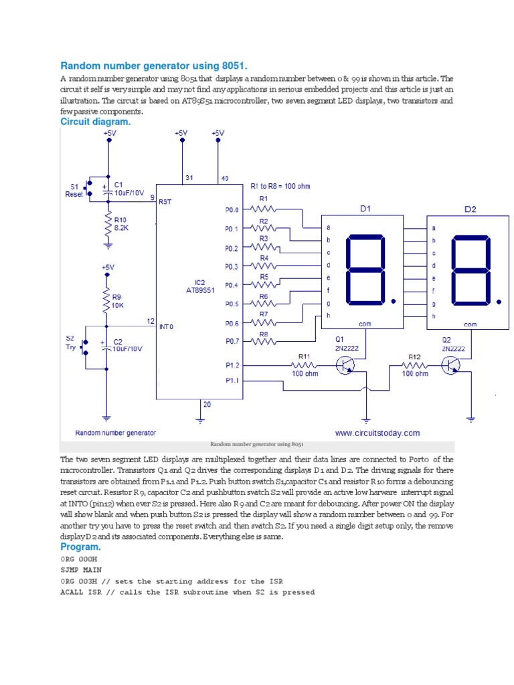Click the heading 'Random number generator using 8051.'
154,66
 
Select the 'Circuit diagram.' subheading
96,122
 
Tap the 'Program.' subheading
80,547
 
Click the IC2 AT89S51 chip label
200,286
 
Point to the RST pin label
165,201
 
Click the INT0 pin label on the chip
166,327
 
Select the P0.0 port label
232,209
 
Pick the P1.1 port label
232,381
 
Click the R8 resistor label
264,333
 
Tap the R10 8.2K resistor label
120,223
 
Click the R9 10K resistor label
117,300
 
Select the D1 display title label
365,209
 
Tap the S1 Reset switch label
74,190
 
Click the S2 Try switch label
70,343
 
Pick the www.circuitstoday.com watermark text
377,433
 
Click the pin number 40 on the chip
225,179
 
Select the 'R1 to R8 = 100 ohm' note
280,186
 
